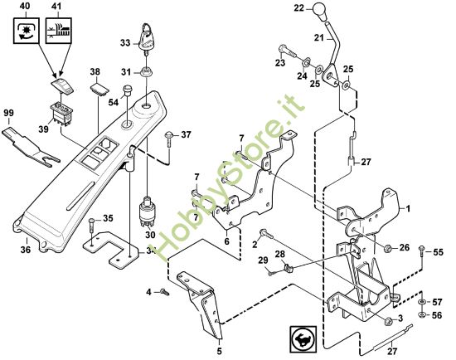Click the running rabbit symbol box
pos(303,339)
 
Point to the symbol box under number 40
pos(27,30)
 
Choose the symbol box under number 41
pos(59,30)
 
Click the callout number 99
pos(9,113)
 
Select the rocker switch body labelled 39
pos(61,114)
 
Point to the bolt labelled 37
pos(169,139)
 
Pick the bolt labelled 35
pos(92,225)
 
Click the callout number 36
pos(26,250)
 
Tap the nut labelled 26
pos(387,249)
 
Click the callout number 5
pos(219,351)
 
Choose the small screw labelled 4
pos(165,292)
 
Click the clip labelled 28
pos(288,267)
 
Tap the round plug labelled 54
pos(127,90)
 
